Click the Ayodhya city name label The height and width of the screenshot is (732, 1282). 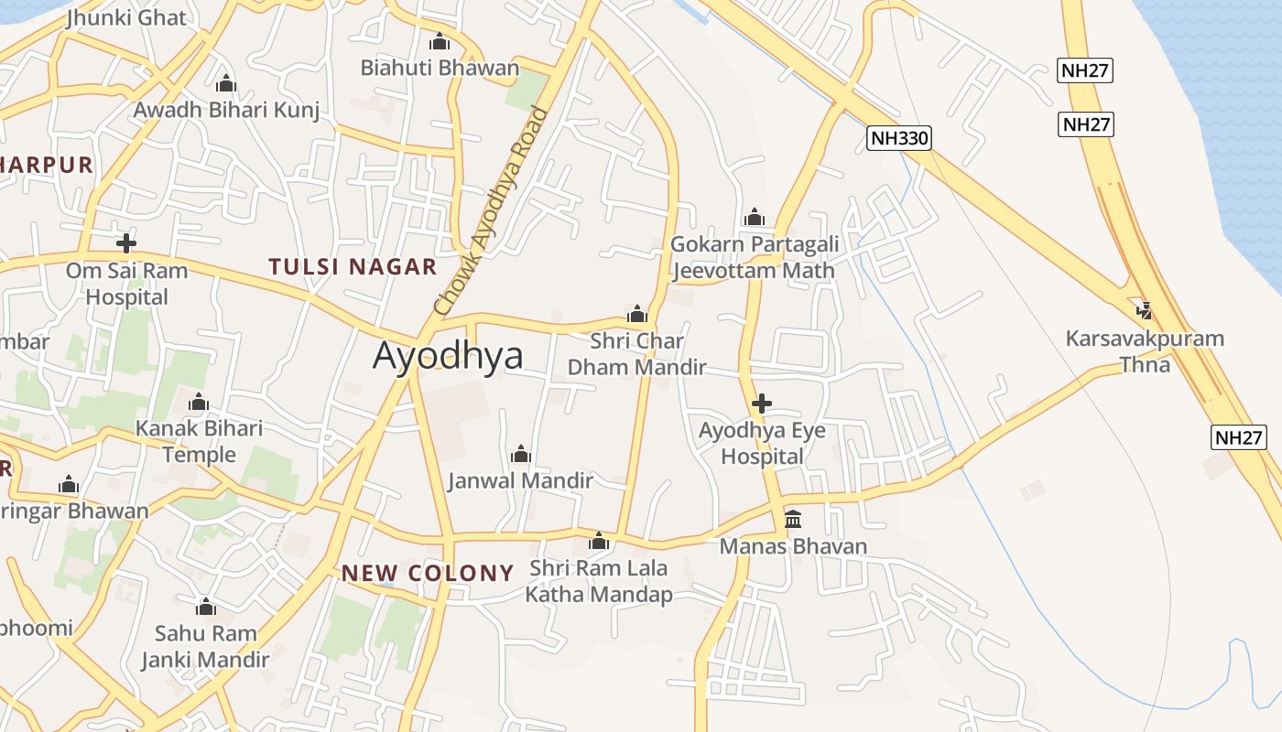(448, 355)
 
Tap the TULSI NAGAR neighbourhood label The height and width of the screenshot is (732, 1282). (353, 267)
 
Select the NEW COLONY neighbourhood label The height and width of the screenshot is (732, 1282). (428, 574)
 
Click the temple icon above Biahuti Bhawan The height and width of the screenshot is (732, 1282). (440, 42)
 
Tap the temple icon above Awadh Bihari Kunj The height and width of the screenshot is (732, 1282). (226, 84)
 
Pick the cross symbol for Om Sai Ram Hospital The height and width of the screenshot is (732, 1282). (126, 243)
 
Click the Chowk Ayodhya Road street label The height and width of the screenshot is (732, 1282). (492, 212)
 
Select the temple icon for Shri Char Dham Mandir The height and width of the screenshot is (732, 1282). (637, 315)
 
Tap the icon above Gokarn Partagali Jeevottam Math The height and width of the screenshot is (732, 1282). (755, 217)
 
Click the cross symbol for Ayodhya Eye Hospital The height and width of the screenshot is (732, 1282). (761, 404)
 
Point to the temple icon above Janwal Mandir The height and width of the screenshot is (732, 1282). (521, 454)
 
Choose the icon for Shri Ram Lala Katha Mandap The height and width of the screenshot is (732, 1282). (599, 542)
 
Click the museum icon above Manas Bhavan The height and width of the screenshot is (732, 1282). (793, 521)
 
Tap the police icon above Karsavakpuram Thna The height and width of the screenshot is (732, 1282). (1144, 310)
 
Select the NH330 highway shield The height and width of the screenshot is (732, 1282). (898, 139)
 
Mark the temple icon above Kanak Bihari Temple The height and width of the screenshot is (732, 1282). (199, 403)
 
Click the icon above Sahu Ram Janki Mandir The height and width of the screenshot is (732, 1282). (205, 607)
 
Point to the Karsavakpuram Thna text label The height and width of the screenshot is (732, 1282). (1145, 351)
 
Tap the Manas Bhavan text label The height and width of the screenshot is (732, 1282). (793, 547)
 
